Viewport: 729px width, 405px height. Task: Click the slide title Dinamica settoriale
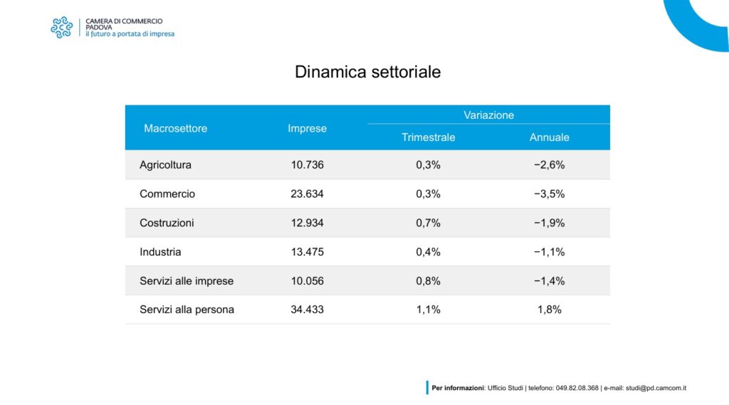367,72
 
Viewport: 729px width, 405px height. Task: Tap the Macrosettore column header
175,128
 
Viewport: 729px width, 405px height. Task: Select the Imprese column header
307,128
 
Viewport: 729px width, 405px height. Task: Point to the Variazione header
488,115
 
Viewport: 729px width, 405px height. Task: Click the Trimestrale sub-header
428,137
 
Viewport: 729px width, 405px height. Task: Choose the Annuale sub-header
549,137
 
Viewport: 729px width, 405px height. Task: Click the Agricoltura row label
165,164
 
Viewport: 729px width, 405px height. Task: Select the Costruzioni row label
167,223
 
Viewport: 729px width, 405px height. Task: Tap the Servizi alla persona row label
187,310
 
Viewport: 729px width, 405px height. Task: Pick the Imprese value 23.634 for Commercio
307,194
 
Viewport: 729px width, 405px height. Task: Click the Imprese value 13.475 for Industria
307,252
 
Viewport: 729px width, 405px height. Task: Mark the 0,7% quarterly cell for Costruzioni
428,223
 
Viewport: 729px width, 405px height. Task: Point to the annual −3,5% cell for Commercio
549,194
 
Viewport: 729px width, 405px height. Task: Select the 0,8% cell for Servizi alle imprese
428,281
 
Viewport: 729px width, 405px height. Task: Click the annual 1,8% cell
549,310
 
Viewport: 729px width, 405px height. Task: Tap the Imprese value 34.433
307,310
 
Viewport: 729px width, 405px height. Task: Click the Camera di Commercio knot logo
62,28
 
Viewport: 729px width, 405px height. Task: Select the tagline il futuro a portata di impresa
130,34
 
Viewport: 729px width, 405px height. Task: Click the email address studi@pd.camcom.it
656,388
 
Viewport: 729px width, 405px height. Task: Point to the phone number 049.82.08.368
577,388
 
